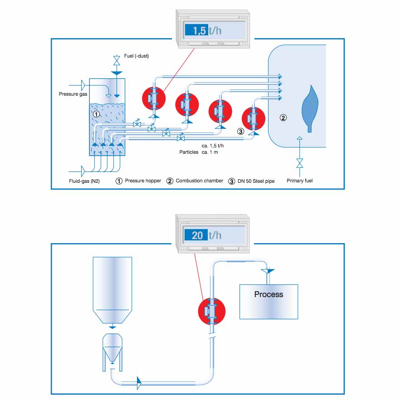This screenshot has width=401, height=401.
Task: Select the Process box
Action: (269, 301)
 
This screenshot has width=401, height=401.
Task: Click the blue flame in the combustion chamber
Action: (310, 107)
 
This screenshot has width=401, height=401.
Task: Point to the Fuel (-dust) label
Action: (137, 56)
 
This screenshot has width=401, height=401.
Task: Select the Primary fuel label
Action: (299, 181)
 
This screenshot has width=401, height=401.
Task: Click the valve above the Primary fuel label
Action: (299, 162)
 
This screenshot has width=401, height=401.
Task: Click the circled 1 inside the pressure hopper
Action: (96, 114)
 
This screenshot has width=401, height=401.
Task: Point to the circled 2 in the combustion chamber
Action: (283, 118)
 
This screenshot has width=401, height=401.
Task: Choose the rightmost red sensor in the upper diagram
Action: (253, 119)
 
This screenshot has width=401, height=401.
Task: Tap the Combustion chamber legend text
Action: (200, 181)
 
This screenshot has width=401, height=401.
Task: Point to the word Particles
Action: (189, 152)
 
